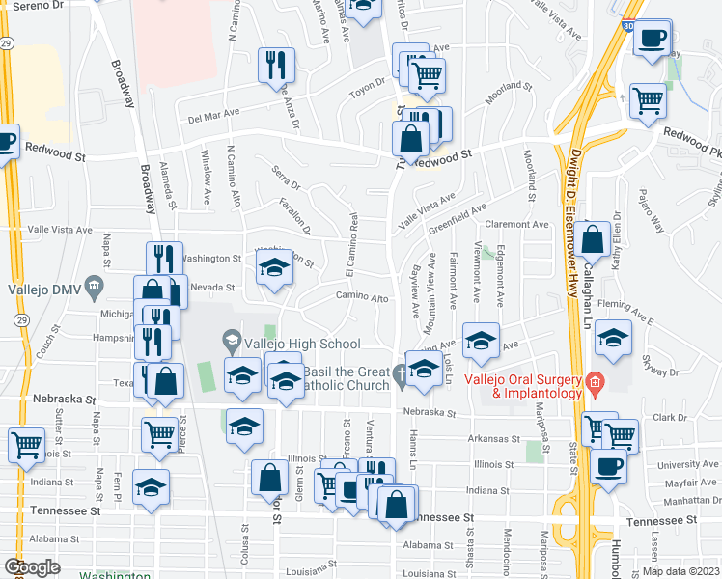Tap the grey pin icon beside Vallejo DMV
coord(94,285)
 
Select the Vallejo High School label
coord(301,344)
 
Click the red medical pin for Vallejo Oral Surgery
coord(595,382)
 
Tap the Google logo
coord(32,567)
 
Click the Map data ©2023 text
coord(680,570)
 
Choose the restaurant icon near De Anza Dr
coord(276,65)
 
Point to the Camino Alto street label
coord(362,297)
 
